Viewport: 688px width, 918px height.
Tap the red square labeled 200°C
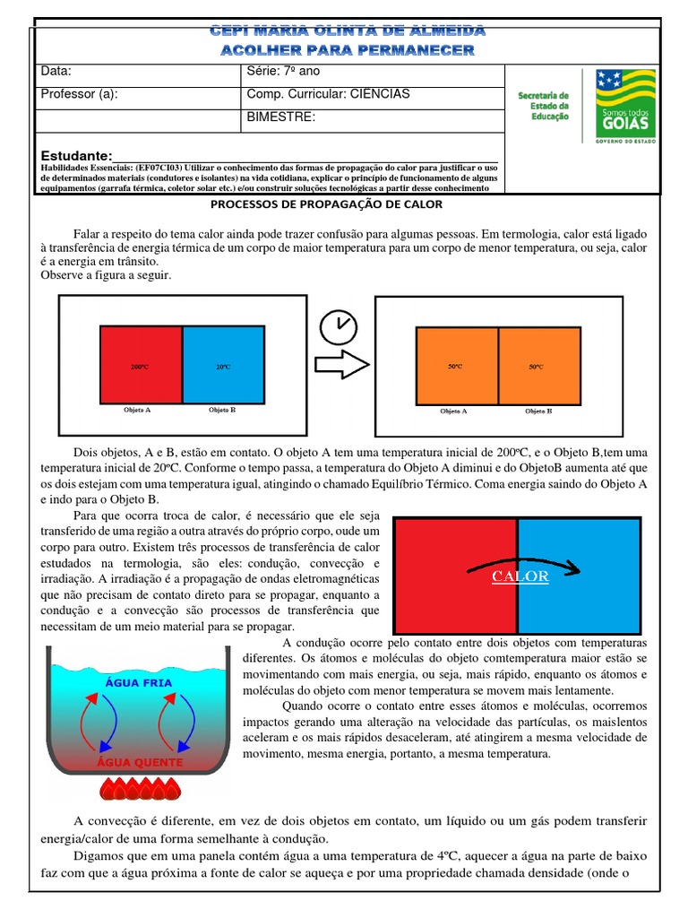click(x=140, y=366)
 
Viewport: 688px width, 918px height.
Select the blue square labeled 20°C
click(x=223, y=366)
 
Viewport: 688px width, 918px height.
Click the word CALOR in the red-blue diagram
click(x=520, y=576)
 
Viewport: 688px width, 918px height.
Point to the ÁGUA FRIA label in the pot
click(x=139, y=682)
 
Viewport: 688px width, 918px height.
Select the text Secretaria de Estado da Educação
click(x=544, y=105)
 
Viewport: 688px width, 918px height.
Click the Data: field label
click(x=56, y=72)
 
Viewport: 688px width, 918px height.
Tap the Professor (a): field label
click(x=79, y=94)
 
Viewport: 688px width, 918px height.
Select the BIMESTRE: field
click(x=279, y=117)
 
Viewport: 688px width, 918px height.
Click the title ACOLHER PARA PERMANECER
click(x=347, y=50)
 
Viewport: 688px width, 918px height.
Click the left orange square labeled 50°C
click(x=456, y=366)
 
